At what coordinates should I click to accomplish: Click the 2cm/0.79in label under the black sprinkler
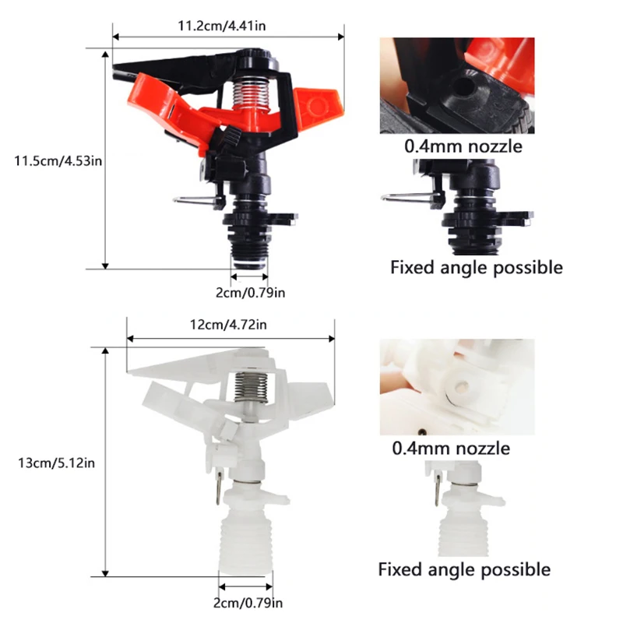[x=251, y=293]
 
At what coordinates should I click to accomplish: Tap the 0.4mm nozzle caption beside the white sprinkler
[x=451, y=448]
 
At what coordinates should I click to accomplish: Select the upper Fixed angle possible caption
[x=476, y=268]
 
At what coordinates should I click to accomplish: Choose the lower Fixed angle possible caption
[x=464, y=569]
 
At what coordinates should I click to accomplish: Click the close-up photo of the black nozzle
[x=456, y=86]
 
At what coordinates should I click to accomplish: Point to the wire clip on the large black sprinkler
[x=195, y=201]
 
